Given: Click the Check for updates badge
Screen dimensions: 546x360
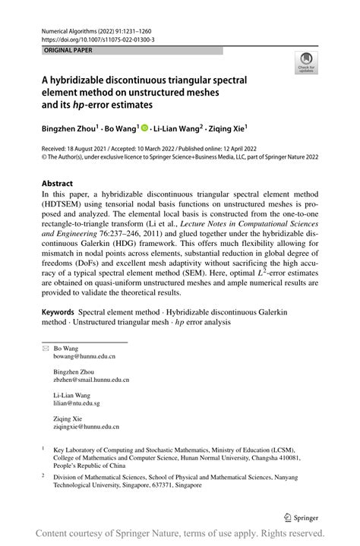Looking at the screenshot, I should coord(306,62).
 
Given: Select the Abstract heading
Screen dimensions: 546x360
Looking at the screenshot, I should coord(58,183).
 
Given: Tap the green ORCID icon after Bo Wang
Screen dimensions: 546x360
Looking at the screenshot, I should coord(146,129).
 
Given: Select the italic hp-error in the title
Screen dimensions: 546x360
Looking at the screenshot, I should coord(113,103).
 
